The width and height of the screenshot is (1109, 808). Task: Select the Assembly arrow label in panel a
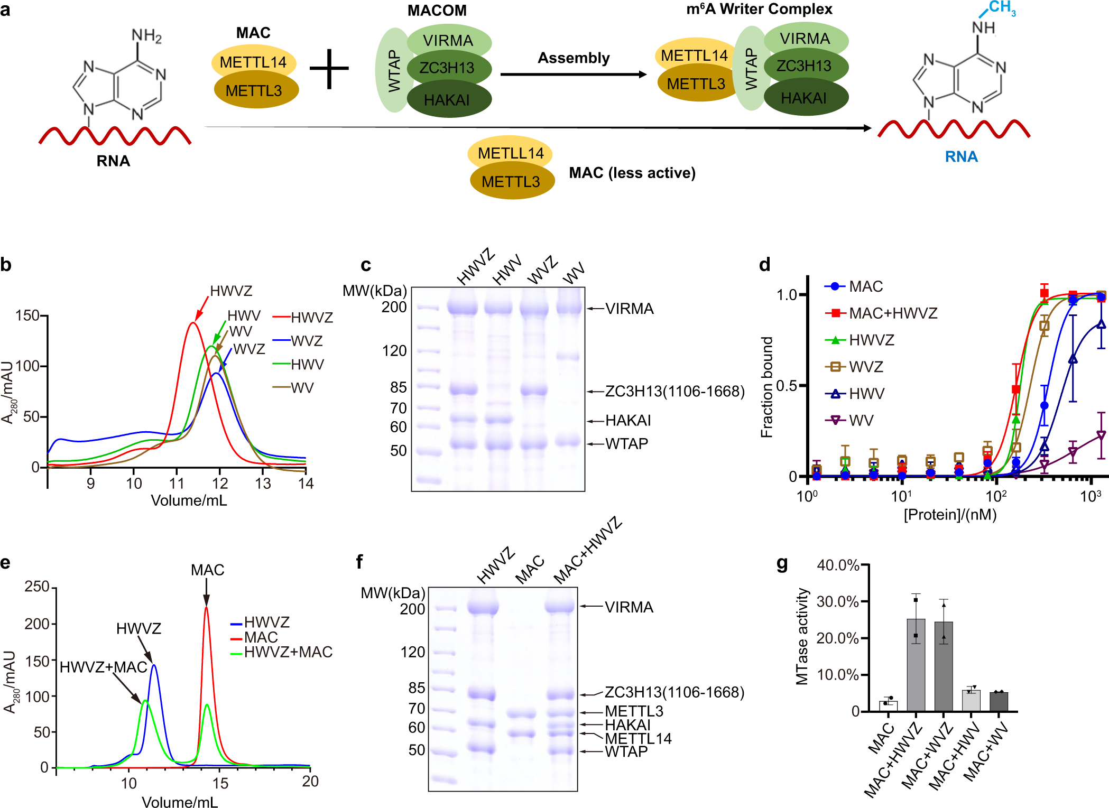pos(574,58)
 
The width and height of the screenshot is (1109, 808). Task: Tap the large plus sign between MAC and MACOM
pos(329,69)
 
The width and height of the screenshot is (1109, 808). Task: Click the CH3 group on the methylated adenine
pos(1001,8)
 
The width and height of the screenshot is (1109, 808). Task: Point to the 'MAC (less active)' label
pos(632,173)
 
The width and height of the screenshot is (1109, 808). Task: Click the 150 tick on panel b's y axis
pos(27,316)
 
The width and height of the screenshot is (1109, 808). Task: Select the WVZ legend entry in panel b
pos(307,341)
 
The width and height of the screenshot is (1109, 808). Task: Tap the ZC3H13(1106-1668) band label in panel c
pos(674,392)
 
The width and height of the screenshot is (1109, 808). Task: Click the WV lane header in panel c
pos(574,273)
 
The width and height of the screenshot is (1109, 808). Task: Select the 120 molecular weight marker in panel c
pos(394,351)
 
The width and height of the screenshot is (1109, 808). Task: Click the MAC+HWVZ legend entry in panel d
pos(893,313)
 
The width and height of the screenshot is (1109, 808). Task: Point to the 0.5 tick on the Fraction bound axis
pos(787,386)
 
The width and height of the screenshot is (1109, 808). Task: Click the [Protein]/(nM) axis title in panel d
pos(950,514)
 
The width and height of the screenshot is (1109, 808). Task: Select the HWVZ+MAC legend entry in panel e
pos(288,652)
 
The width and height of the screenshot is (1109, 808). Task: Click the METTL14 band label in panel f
pos(638,738)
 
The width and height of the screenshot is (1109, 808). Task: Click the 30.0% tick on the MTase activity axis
pos(837,601)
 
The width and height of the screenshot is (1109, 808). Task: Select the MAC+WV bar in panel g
pos(999,701)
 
